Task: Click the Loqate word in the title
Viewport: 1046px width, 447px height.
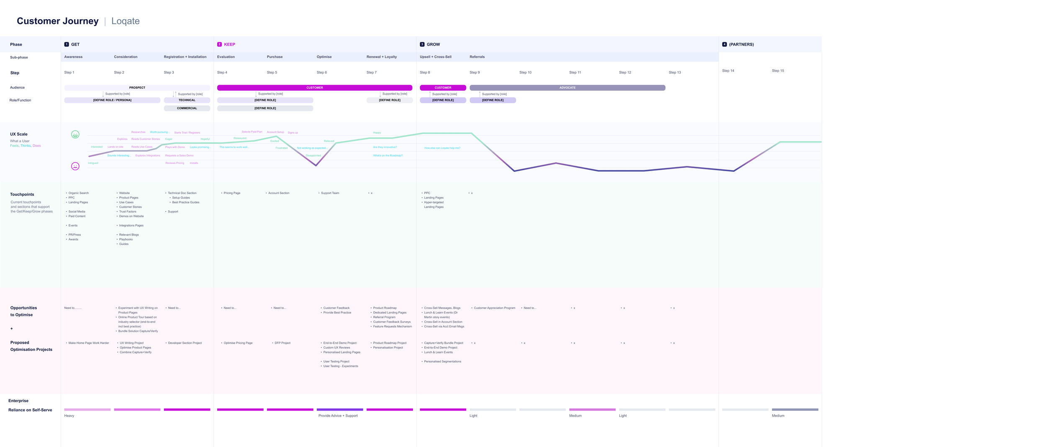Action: (125, 21)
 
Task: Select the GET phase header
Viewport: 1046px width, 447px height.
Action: (75, 44)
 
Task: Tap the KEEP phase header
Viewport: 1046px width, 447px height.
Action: (229, 44)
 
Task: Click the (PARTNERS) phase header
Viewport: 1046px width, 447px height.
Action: (741, 44)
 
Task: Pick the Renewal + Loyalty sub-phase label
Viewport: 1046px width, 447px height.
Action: (381, 57)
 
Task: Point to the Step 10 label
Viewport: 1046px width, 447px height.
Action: (525, 72)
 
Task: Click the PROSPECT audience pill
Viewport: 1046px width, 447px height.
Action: (137, 88)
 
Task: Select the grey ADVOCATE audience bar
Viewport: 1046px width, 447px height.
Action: (567, 88)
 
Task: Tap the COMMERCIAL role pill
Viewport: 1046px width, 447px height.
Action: (187, 108)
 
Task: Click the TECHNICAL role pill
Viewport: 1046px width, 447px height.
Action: (187, 100)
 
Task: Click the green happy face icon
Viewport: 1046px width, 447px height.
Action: (75, 135)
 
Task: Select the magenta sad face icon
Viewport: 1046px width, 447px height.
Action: (75, 166)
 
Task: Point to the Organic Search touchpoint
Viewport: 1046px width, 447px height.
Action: (78, 193)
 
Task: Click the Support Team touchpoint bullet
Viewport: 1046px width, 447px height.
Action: (330, 193)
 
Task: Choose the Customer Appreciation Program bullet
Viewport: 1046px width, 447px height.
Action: (494, 308)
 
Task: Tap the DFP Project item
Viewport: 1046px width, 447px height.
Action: (282, 343)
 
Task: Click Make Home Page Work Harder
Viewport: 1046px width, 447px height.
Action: (88, 343)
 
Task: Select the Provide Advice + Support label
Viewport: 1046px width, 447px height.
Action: (338, 416)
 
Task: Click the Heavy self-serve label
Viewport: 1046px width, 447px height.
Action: (69, 416)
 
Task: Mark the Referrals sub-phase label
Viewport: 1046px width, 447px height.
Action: (477, 57)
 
